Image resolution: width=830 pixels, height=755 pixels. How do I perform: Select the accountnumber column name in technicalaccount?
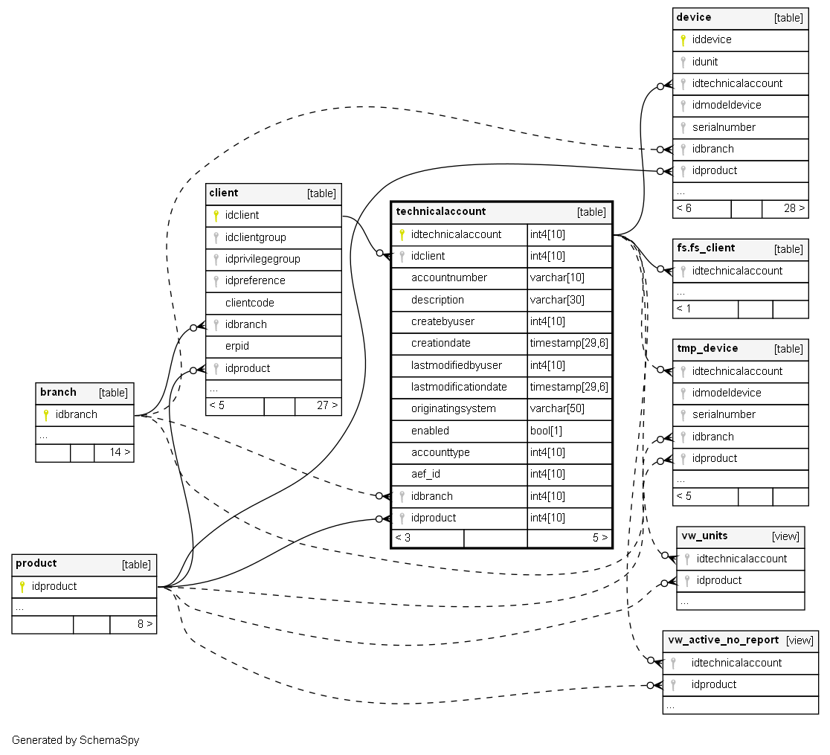(449, 277)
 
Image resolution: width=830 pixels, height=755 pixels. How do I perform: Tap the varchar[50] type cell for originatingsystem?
(557, 409)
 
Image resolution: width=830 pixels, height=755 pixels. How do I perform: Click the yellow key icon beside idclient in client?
(216, 216)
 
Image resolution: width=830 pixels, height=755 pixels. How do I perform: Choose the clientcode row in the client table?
(250, 303)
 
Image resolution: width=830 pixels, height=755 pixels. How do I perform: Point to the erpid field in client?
(237, 346)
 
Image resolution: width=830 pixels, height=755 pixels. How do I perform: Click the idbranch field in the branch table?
(77, 414)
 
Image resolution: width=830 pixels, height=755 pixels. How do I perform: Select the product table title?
(36, 564)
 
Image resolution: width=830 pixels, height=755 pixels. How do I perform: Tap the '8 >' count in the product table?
(145, 624)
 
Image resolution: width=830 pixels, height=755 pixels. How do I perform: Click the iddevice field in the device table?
(712, 39)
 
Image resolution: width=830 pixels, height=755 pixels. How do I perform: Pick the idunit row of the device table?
(705, 62)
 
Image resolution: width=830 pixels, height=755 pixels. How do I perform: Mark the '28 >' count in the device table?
(794, 208)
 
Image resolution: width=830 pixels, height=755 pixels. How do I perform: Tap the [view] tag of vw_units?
(785, 536)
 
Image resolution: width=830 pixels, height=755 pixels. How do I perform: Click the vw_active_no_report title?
(723, 640)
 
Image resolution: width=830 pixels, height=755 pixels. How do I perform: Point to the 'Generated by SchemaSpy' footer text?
(75, 741)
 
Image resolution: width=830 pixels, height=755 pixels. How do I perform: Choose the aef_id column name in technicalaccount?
(426, 474)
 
